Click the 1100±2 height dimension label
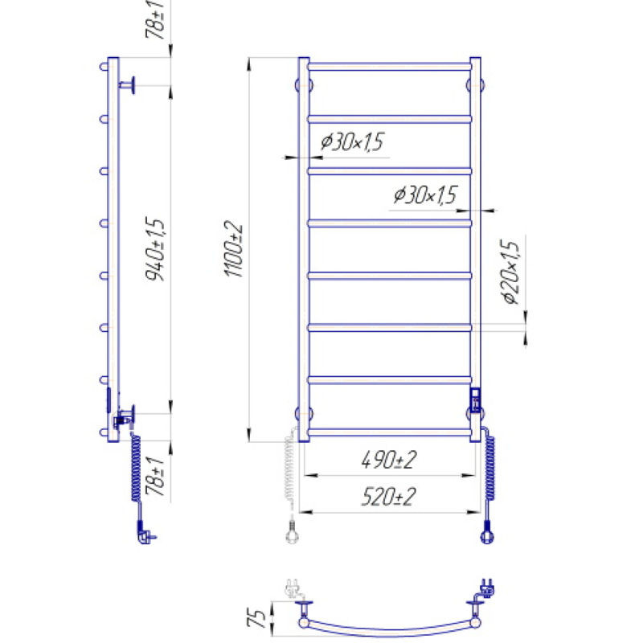[234, 249]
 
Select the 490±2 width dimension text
[389, 460]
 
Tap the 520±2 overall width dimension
[388, 497]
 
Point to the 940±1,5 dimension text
[155, 248]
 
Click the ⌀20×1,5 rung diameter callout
[511, 272]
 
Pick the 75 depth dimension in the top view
[256, 618]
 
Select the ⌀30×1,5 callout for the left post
[352, 142]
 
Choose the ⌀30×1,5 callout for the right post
[425, 195]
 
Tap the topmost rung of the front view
[390, 67]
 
